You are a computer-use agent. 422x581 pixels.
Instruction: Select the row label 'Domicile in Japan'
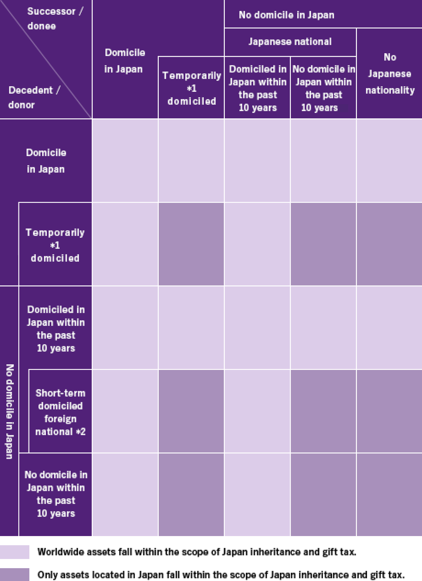click(46, 161)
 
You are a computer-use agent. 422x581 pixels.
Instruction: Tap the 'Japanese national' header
click(290, 42)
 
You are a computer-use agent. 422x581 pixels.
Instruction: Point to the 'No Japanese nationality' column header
click(390, 74)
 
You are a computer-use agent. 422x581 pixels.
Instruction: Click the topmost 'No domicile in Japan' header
click(286, 15)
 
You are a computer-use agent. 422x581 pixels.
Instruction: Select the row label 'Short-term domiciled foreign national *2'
click(60, 412)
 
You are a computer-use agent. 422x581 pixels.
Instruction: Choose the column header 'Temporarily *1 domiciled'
click(192, 88)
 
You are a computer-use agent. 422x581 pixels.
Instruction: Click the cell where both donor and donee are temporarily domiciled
click(191, 244)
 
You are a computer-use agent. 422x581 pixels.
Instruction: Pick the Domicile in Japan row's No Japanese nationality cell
click(389, 161)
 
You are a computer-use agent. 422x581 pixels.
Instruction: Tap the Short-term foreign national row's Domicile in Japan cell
click(125, 411)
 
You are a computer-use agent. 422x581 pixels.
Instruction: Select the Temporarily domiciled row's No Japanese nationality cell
click(389, 244)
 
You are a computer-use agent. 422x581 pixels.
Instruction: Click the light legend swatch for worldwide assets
click(15, 552)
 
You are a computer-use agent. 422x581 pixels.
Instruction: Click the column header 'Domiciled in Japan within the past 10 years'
click(257, 88)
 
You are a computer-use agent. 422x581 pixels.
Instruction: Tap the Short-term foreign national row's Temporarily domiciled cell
click(191, 411)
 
